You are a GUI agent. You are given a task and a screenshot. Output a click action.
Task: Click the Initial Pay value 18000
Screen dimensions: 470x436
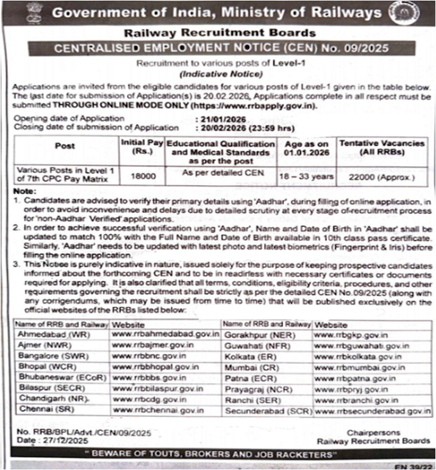[145, 177]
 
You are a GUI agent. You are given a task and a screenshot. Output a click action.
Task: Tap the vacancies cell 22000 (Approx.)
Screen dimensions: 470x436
[382, 177]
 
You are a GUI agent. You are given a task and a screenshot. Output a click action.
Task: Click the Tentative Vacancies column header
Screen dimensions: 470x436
[382, 147]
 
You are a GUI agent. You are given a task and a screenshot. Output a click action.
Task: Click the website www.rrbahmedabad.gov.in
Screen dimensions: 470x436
[165, 335]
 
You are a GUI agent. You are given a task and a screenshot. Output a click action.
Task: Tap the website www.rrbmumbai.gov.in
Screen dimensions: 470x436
[359, 368]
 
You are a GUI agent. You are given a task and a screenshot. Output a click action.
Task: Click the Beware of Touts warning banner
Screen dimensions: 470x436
[218, 455]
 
